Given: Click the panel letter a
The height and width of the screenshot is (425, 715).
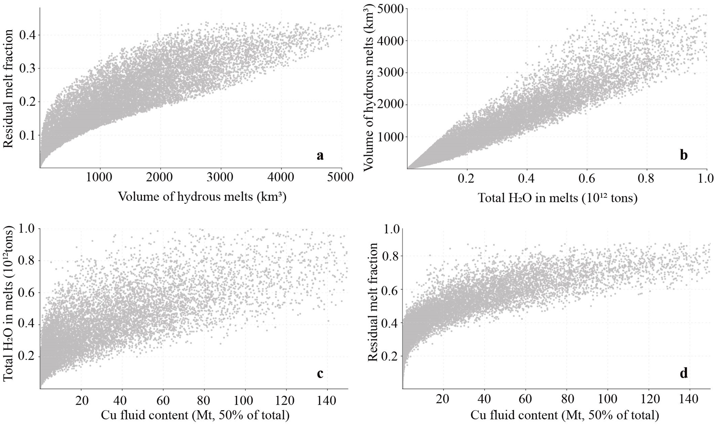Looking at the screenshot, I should point(320,156).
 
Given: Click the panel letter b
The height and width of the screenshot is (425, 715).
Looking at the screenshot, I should point(684,156).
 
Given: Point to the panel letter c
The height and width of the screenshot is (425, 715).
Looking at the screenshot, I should point(320,373).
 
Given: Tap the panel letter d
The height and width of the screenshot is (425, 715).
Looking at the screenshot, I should point(684,373).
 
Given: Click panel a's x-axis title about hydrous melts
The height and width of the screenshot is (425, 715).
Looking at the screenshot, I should point(202,197).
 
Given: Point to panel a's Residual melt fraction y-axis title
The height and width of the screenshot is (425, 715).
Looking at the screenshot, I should point(8,89).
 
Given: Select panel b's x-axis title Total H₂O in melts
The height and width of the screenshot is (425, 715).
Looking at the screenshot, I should point(558,198).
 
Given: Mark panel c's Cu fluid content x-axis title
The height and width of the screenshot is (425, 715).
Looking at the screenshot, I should point(195,415).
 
